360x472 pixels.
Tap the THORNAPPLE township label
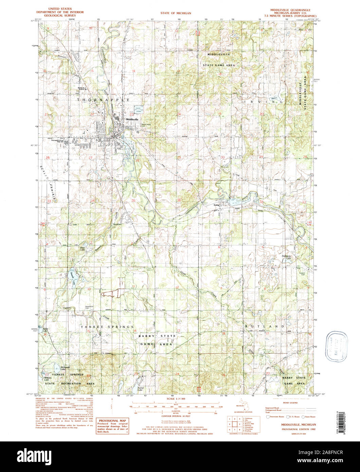pyautogui.click(x=103, y=100)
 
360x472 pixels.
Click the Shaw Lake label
pyautogui.click(x=82, y=249)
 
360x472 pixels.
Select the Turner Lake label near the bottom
pyautogui.click(x=142, y=388)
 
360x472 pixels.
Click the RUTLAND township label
pyautogui.click(x=264, y=326)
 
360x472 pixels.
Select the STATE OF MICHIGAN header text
pyautogui.click(x=176, y=13)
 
